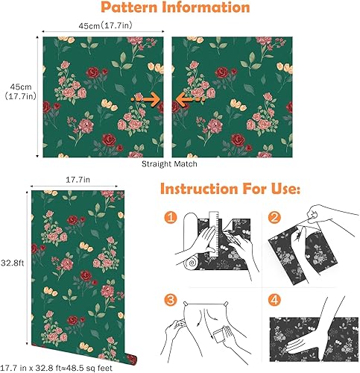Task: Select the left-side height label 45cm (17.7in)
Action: click(17, 90)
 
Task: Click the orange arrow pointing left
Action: click(187, 98)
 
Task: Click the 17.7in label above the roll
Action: click(77, 180)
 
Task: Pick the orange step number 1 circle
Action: click(171, 219)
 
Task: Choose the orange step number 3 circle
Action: click(171, 301)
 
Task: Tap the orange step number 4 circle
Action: click(274, 301)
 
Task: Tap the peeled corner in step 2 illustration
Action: click(317, 222)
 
